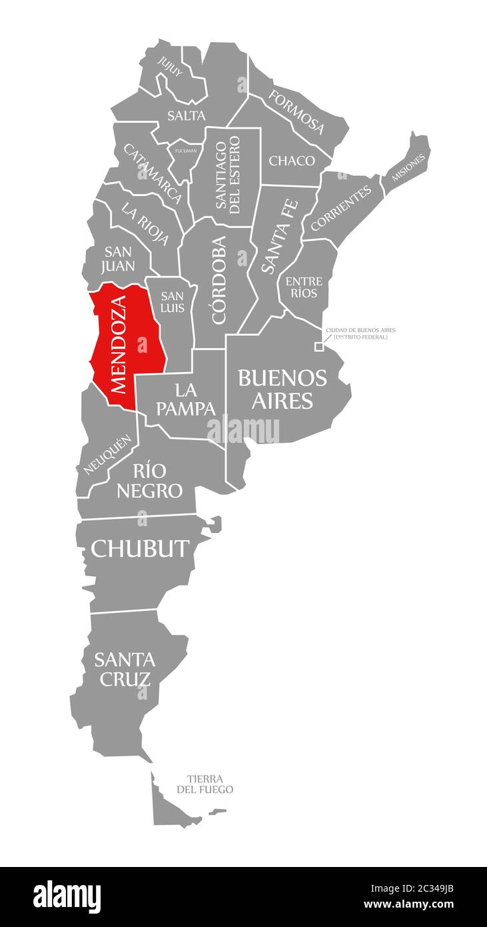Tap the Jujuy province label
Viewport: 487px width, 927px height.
tap(170, 66)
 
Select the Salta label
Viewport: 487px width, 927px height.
tap(187, 115)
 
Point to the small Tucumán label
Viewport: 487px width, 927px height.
tap(186, 151)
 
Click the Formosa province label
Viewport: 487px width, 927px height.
tap(296, 111)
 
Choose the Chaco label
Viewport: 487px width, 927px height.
tap(292, 161)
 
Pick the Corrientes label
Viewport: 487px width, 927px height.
tap(341, 209)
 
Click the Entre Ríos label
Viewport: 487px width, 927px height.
tap(304, 287)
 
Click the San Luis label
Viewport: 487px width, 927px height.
tap(173, 301)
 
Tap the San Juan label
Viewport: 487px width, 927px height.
tap(119, 259)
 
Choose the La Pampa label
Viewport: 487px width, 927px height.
tap(186, 398)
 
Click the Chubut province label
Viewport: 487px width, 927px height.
tap(140, 548)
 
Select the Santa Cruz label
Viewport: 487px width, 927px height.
tap(124, 669)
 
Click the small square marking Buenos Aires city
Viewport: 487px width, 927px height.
tap(319, 346)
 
